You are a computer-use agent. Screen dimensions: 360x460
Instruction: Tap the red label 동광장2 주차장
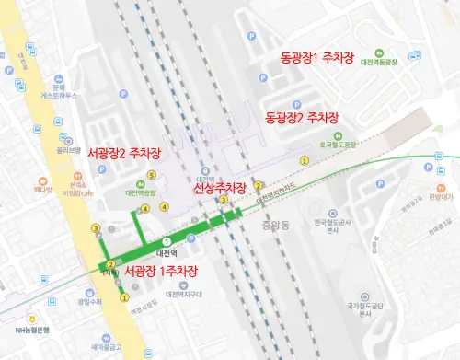[x=302, y=118]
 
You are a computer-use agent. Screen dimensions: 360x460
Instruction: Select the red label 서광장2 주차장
[x=124, y=153]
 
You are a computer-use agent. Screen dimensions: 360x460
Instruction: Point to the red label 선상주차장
[x=219, y=188]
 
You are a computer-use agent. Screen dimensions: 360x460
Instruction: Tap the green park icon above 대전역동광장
[x=379, y=52]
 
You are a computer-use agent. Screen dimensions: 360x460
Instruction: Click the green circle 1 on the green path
[x=167, y=240]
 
